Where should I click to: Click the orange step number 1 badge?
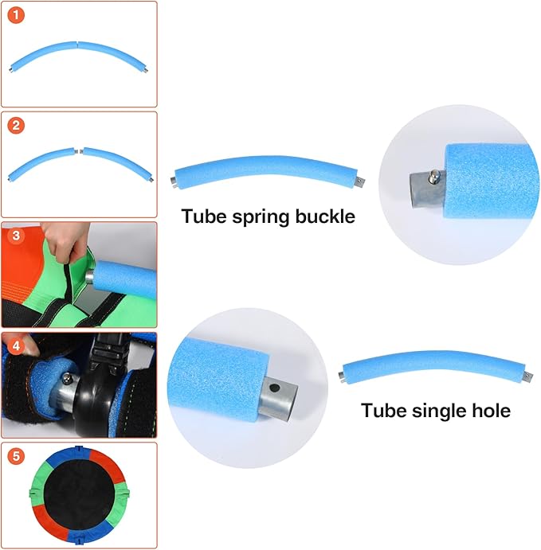[x=16, y=15]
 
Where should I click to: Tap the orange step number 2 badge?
[x=16, y=126]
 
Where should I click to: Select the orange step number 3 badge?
[x=16, y=236]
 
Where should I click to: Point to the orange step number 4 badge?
[x=16, y=346]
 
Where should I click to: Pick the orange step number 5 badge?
[x=16, y=456]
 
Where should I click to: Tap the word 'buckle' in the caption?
[x=325, y=216]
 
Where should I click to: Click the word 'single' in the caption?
[x=439, y=411]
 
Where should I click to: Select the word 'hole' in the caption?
[x=491, y=411]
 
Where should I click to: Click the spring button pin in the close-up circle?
[x=434, y=176]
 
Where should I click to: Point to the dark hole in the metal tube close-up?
[x=275, y=388]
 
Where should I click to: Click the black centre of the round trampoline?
[x=80, y=495]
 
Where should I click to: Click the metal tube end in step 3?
[x=90, y=276]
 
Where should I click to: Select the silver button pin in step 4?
[x=66, y=378]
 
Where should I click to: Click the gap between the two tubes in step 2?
[x=79, y=151]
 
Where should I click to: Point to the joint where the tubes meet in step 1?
[x=77, y=44]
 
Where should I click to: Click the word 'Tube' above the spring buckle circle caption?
[x=204, y=216]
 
